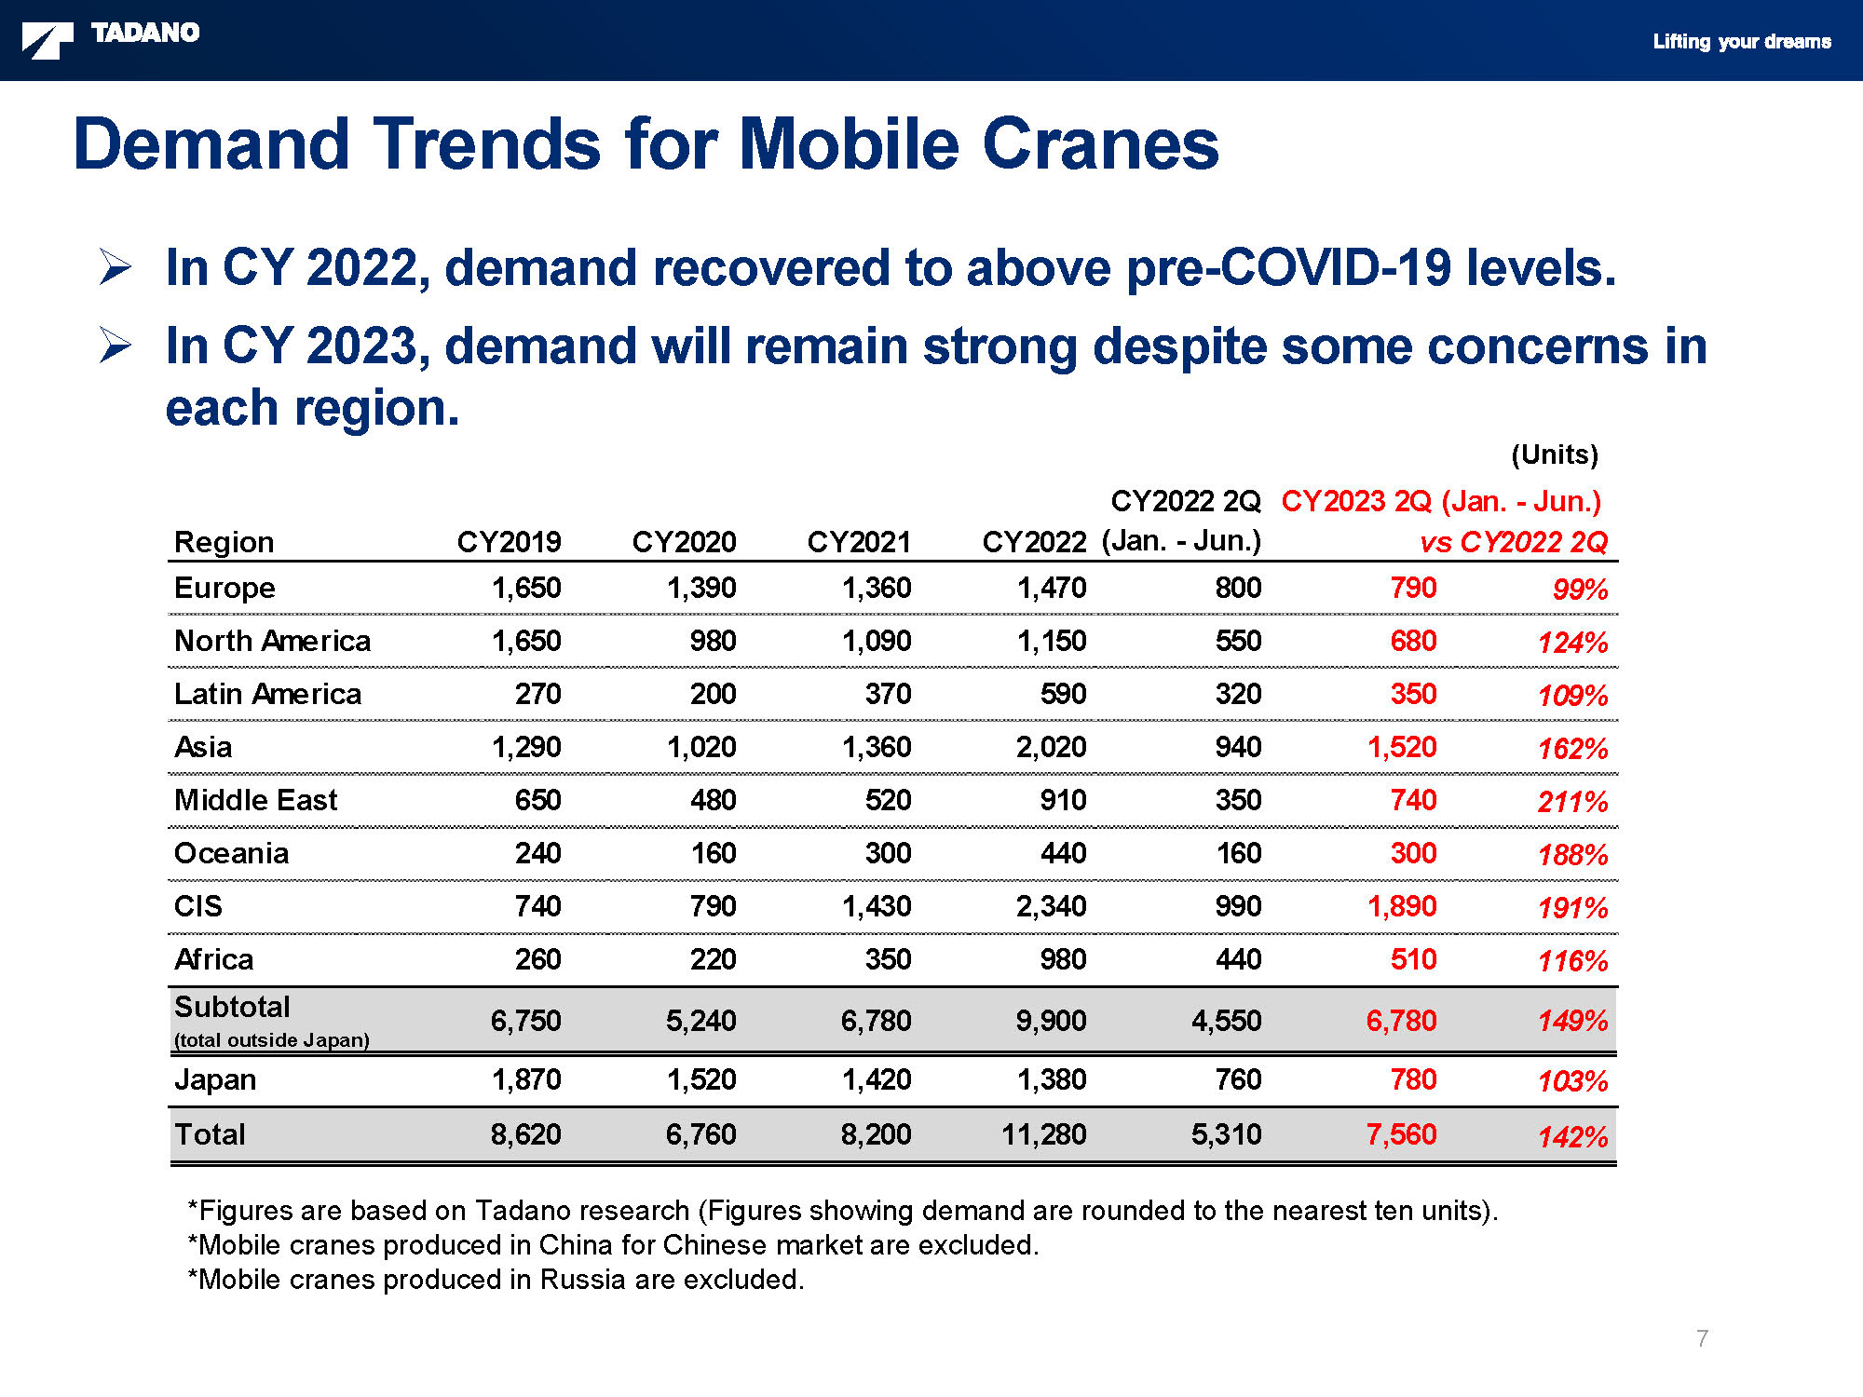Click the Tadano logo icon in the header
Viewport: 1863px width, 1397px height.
pos(48,41)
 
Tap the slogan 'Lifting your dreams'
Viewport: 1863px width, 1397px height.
pos(1742,41)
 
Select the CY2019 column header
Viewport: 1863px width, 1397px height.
pos(509,541)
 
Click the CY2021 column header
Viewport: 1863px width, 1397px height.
pos(859,541)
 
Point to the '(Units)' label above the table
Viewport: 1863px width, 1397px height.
pos(1555,454)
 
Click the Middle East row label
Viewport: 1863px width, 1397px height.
pos(255,800)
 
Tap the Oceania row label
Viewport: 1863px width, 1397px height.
pos(231,853)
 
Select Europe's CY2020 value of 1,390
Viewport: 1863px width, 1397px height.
pos(701,588)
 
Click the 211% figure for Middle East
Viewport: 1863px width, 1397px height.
pos(1572,802)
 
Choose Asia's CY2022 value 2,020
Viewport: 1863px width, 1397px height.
pos(1051,747)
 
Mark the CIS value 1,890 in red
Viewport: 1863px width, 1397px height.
pos(1402,906)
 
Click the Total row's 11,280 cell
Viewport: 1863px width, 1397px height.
pos(1044,1134)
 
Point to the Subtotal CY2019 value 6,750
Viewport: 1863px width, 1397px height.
pos(525,1021)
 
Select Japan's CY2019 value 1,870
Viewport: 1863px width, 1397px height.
pos(526,1079)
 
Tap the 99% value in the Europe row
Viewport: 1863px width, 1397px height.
pos(1580,590)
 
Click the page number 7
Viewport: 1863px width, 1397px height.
pos(1702,1338)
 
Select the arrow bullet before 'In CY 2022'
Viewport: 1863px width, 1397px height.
pos(116,268)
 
